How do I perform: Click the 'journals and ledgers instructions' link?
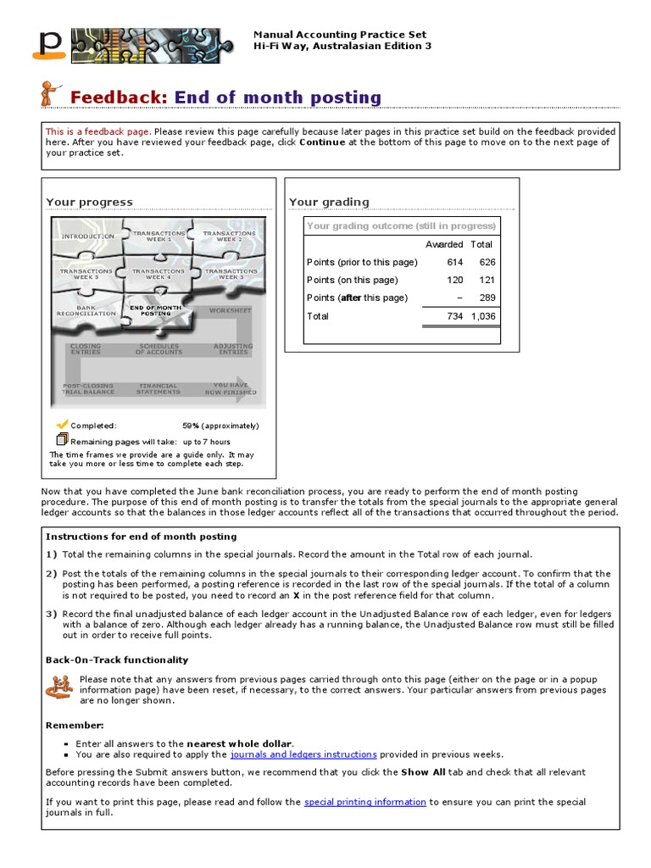303,754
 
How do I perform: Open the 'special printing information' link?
364,802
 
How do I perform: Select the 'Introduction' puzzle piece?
88,236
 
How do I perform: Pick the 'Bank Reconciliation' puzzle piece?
86,311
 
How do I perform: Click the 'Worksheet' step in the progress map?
230,311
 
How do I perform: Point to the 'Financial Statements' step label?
159,388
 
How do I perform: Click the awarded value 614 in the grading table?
454,262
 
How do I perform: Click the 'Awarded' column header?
443,244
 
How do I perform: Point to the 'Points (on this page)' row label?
352,280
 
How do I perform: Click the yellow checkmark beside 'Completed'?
62,424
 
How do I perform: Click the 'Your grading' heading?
329,202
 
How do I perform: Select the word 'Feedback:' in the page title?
120,97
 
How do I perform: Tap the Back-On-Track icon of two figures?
58,687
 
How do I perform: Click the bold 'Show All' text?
426,772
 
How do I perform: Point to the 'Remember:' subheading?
75,726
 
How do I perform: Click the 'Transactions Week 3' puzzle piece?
230,274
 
